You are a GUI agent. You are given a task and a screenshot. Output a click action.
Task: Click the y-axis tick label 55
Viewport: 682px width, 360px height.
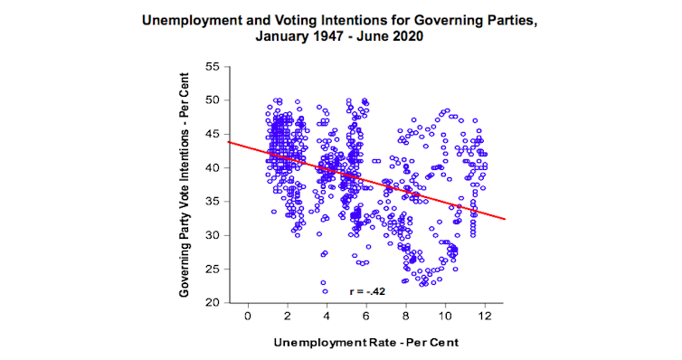click(x=213, y=66)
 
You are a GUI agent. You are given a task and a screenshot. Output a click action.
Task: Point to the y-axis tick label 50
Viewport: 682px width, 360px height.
click(x=213, y=100)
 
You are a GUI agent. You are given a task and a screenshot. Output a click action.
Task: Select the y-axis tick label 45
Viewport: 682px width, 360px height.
click(x=213, y=134)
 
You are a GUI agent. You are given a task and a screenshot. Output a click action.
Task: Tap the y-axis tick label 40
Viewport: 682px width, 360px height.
click(x=213, y=167)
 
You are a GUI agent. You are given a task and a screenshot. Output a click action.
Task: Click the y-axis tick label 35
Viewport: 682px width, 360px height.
click(x=213, y=201)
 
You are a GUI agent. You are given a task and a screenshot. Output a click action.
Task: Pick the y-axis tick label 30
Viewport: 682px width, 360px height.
click(x=213, y=235)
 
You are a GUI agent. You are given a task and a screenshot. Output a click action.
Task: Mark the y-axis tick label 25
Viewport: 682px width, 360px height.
click(x=213, y=269)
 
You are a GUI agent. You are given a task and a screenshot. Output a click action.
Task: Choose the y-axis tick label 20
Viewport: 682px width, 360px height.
click(x=213, y=302)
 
